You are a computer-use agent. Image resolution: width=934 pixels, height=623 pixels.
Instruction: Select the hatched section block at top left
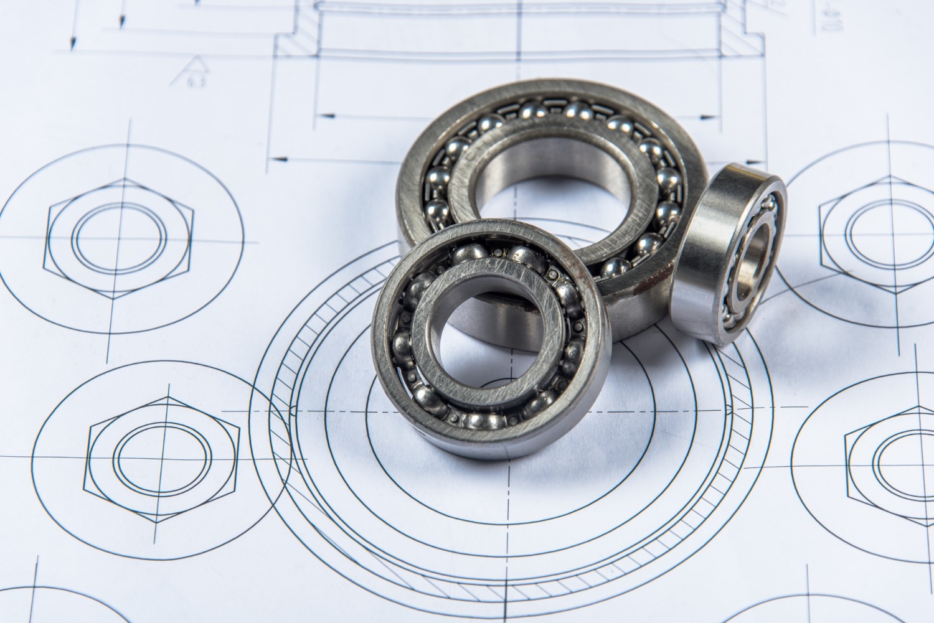click(296, 44)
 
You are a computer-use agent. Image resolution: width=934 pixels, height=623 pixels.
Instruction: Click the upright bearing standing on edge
click(729, 255)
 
